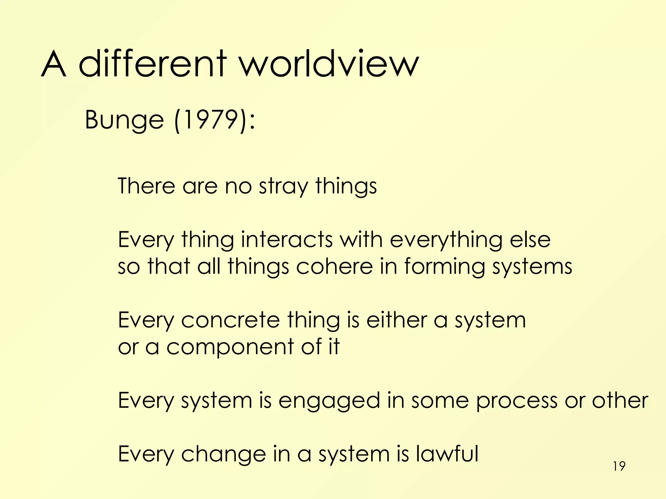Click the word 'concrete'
point(230,320)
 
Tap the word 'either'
point(396,320)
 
